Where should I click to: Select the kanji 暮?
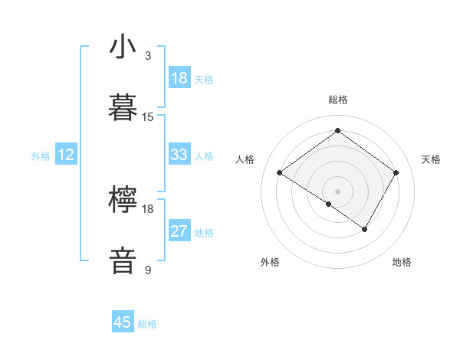coord(123,108)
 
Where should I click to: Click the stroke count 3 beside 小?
coord(148,56)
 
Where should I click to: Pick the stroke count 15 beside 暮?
coord(148,117)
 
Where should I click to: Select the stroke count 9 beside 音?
coord(148,270)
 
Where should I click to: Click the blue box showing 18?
coord(179,78)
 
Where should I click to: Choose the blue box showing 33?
coord(179,155)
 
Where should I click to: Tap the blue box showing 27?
coord(179,231)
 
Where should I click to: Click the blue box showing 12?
coord(66,155)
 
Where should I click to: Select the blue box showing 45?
coord(123,322)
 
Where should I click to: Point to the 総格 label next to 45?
coord(147,324)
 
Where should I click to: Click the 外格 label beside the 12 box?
coord(41,156)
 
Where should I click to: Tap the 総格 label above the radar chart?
coord(337,100)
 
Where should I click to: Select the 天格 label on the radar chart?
coord(431,159)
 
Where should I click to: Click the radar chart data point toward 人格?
coord(280,173)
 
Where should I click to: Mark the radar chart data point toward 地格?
coord(365,229)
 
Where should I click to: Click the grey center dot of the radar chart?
coord(337,191)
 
